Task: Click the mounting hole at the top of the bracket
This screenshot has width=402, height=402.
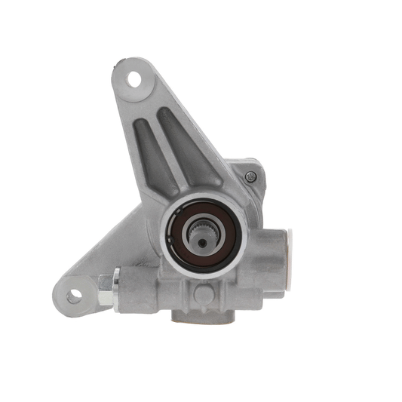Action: [136, 78]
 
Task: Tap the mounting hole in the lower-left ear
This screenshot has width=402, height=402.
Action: [74, 296]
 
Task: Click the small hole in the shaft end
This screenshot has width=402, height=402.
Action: [203, 239]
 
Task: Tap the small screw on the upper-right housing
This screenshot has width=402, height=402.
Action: [250, 176]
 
